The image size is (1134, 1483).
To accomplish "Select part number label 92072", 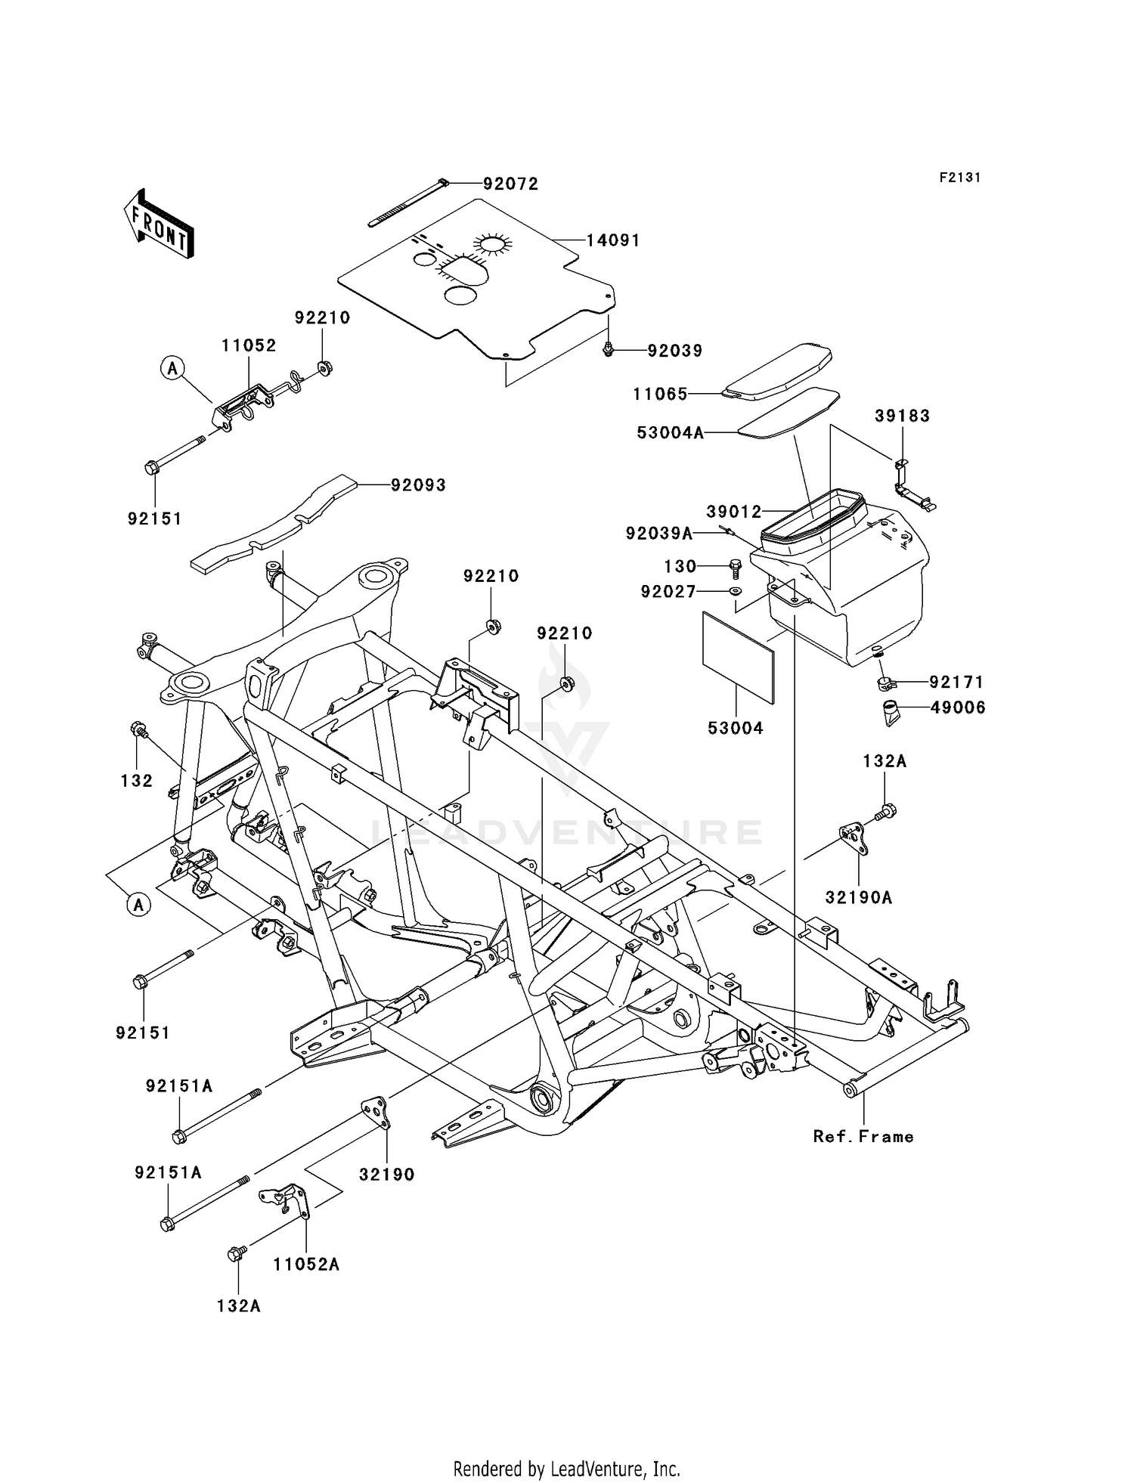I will [x=511, y=184].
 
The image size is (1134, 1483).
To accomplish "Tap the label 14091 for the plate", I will [x=613, y=240].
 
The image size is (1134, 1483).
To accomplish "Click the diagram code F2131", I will [x=960, y=178].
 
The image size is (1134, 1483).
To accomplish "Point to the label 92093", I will [x=418, y=485].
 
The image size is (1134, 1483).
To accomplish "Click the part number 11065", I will [x=660, y=394].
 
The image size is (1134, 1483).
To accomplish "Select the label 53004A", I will [x=670, y=433].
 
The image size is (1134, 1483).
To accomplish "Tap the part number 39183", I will [x=902, y=416].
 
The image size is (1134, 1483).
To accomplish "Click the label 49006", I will [x=957, y=708].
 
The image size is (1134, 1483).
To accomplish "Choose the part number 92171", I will [x=957, y=682].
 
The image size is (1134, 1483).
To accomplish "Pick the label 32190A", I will [x=859, y=898].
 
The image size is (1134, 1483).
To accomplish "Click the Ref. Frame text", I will [x=863, y=1137].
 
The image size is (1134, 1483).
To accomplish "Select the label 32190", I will [x=387, y=1175].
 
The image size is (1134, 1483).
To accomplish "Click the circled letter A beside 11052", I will [x=172, y=368].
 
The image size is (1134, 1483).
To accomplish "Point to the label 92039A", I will [x=659, y=534].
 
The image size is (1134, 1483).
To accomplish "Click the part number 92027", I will [x=668, y=592].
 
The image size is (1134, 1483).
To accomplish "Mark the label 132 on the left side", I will [x=137, y=781].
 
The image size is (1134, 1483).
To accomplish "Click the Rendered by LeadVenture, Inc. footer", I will [x=566, y=1469].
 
